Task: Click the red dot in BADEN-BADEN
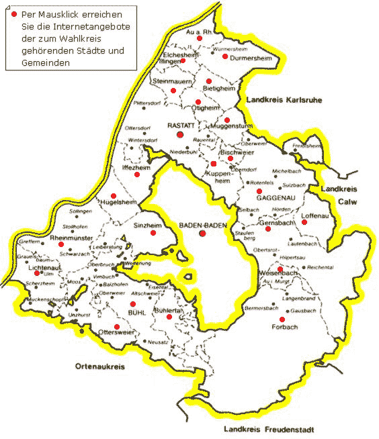tap(202, 234)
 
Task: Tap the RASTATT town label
tap(181, 126)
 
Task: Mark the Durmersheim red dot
tap(225, 56)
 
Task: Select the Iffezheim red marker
tap(137, 175)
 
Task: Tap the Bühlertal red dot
tap(169, 317)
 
